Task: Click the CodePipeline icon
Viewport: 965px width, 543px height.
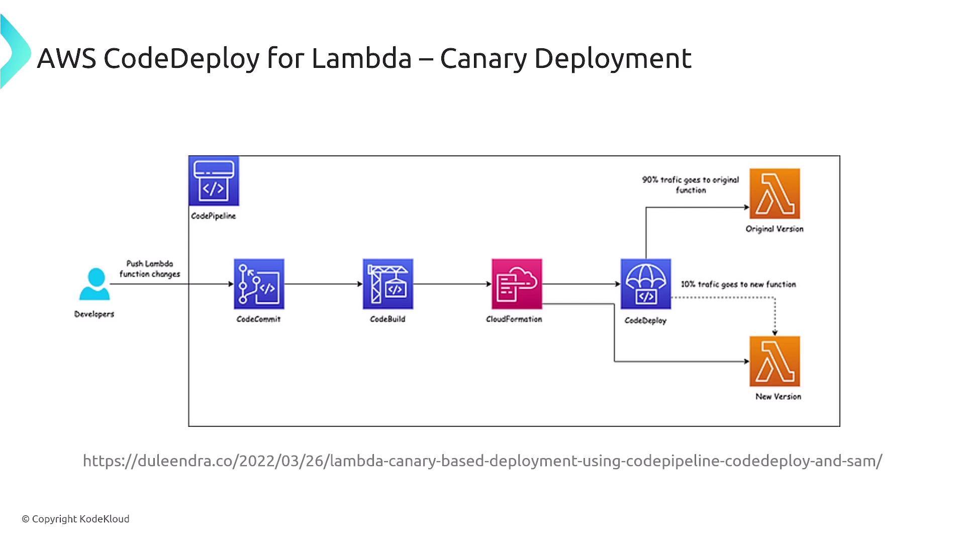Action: [x=214, y=181]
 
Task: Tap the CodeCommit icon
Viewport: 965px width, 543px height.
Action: [x=259, y=284]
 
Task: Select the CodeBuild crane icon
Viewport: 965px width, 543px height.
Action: [x=388, y=284]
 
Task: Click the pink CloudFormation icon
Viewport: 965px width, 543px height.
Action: [x=517, y=284]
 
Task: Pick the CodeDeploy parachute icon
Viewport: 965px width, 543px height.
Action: [x=646, y=284]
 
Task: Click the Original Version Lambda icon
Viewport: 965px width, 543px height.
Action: [x=775, y=194]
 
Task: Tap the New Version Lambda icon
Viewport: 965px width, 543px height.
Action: [x=775, y=361]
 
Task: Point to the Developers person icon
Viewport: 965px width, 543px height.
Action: [x=94, y=284]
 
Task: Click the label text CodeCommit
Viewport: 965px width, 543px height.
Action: [x=258, y=319]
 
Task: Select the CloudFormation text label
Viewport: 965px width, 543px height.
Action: [x=514, y=319]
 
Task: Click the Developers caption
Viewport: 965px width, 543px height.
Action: [x=94, y=314]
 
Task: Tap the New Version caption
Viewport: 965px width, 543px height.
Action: [x=778, y=397]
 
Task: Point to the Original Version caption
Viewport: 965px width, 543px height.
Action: [x=775, y=229]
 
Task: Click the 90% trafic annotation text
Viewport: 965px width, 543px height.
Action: [x=691, y=185]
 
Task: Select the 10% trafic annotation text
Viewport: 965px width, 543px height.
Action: [x=738, y=285]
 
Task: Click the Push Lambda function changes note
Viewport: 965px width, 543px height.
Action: [x=149, y=269]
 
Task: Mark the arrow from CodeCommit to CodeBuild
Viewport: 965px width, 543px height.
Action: [x=323, y=284]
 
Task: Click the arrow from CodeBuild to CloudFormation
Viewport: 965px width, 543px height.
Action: [x=452, y=284]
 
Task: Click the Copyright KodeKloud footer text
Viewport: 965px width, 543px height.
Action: [x=75, y=519]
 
